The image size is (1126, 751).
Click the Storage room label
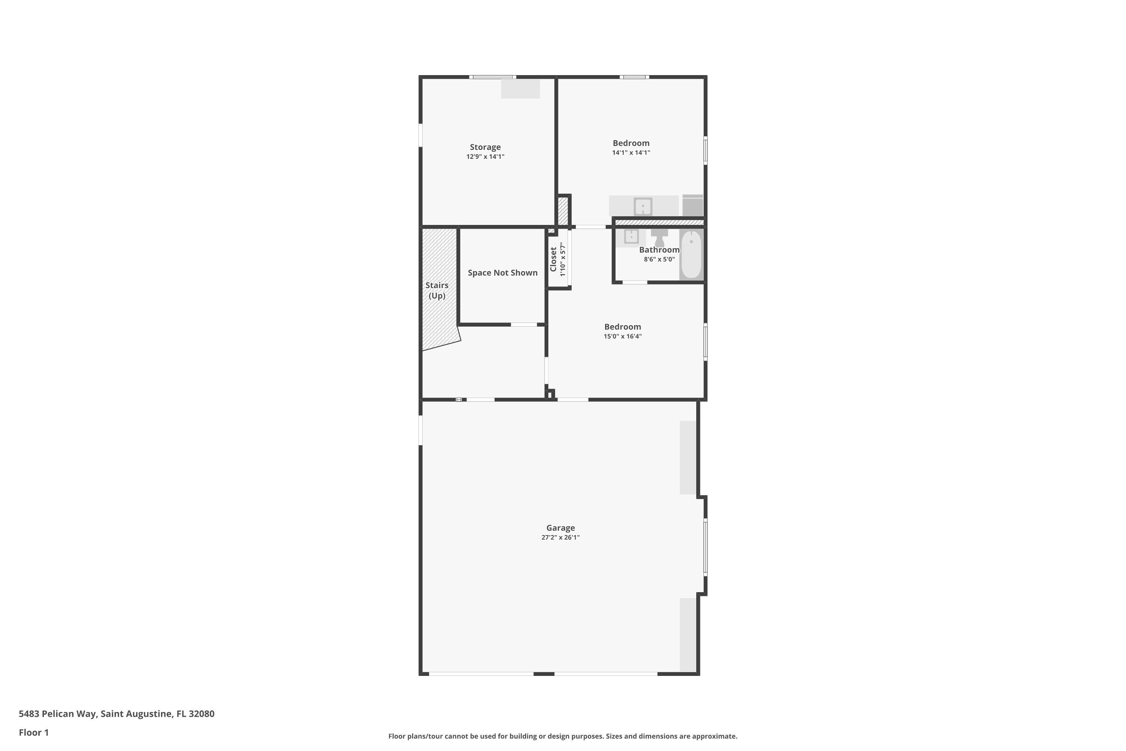485,147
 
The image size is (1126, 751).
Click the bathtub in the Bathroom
691,254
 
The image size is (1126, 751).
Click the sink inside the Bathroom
631,237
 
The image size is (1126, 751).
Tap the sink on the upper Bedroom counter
643,207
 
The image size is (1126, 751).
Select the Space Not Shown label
502,273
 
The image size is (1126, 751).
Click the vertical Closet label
553,259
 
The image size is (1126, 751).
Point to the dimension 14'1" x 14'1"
631,153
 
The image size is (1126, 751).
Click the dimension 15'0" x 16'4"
622,336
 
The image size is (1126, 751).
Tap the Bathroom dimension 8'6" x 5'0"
659,259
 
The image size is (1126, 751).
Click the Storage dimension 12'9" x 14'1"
485,157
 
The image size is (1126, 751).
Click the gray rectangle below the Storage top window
520,89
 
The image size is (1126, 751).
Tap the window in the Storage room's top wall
492,77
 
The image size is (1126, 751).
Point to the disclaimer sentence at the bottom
563,736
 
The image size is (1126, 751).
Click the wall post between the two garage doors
544,674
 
